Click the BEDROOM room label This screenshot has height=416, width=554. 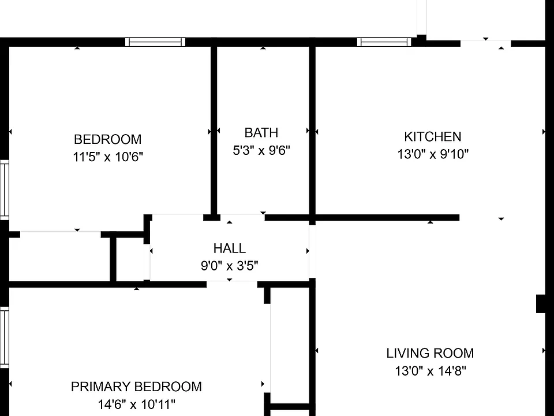[108, 139]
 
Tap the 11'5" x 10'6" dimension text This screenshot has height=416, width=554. [108, 157]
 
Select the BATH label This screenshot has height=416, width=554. [261, 133]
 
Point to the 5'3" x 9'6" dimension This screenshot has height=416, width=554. [261, 150]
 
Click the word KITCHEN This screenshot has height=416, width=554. [433, 136]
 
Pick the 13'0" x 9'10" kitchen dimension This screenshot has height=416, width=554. [433, 154]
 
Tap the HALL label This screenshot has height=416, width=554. [230, 248]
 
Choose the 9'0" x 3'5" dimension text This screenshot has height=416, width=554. [230, 266]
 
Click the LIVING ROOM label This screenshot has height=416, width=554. [430, 354]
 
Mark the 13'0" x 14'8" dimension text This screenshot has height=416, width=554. [431, 371]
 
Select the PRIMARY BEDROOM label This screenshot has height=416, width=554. [136, 387]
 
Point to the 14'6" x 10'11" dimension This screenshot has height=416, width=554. [136, 404]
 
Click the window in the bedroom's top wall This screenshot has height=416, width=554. [155, 42]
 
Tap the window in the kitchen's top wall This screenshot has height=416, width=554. [384, 42]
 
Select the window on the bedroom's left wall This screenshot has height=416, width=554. [4, 190]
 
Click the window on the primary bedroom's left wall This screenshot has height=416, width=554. [4, 337]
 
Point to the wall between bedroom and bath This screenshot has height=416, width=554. [214, 131]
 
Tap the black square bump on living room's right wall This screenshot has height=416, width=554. [541, 303]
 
